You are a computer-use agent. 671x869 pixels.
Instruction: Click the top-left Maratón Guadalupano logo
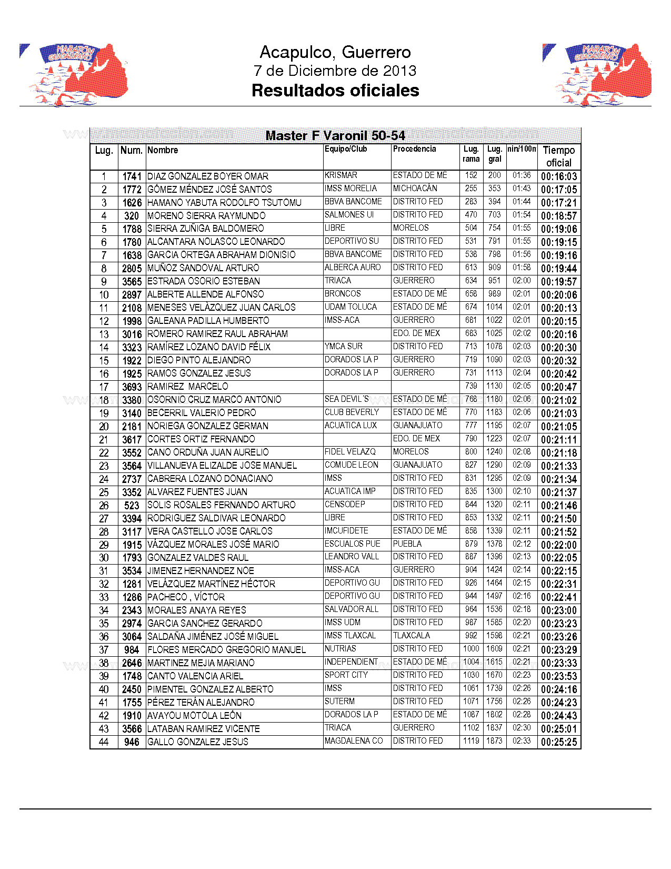click(74, 74)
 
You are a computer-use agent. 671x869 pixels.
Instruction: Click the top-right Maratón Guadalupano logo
click(597, 74)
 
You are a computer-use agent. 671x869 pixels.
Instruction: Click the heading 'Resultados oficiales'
click(335, 91)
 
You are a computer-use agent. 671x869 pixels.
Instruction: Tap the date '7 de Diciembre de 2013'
click(335, 71)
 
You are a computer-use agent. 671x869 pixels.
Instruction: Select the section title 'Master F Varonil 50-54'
click(335, 136)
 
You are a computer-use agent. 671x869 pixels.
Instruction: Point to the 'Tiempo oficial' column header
click(559, 156)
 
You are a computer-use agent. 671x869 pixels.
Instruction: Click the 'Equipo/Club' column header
click(346, 149)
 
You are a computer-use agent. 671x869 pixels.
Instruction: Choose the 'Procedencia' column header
click(414, 149)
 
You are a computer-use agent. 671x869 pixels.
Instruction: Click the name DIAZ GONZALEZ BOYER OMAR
click(208, 176)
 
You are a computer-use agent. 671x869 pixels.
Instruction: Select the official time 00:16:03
click(559, 176)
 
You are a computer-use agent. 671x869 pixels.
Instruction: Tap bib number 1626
click(132, 203)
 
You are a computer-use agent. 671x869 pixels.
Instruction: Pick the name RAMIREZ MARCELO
click(188, 387)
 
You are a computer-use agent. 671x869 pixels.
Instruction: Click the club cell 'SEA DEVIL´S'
click(347, 399)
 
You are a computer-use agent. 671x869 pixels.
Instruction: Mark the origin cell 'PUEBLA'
click(407, 544)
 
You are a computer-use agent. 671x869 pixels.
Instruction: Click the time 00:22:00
click(559, 545)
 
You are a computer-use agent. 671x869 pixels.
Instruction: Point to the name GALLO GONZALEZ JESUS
click(198, 742)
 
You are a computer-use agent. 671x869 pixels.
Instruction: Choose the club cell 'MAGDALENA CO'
click(354, 741)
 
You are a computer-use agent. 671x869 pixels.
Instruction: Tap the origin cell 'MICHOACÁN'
click(415, 189)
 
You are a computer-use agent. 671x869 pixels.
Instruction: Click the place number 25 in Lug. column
click(104, 492)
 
